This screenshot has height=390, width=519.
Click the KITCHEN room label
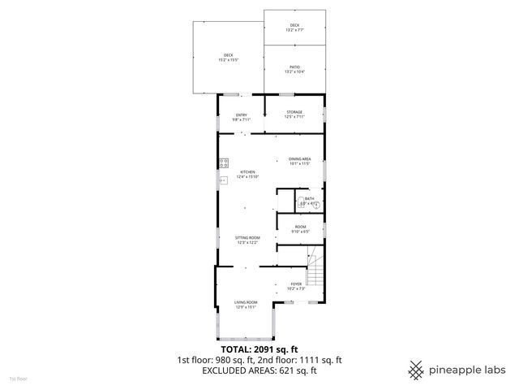247,171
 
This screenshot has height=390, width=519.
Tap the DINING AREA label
300,159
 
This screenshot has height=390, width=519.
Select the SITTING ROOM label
247,237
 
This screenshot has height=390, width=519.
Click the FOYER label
296,284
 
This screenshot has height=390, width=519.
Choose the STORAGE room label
294,112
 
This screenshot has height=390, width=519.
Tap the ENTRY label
241,115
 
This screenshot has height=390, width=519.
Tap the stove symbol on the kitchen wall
223,163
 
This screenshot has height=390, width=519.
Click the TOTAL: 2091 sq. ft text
259,349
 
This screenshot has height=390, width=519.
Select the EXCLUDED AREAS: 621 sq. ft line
259,370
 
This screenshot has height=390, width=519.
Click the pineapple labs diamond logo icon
416,370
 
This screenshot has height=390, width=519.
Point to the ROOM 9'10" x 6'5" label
300,228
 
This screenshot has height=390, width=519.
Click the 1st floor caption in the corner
18,379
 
